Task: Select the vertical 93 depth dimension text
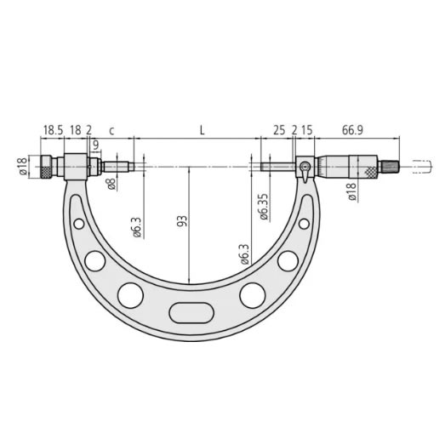(181, 222)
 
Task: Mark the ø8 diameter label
(111, 181)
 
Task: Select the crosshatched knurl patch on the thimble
(370, 170)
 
